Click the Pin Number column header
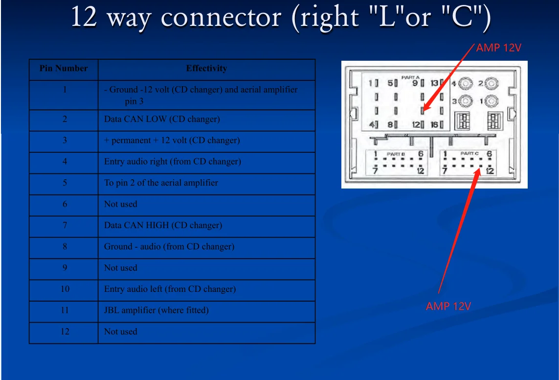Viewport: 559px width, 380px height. click(x=64, y=69)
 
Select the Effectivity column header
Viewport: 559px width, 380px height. click(x=206, y=69)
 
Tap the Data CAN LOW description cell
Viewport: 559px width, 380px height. click(x=162, y=119)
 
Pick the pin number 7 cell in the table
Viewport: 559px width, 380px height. click(x=65, y=225)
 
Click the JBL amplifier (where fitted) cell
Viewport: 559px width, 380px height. click(x=156, y=310)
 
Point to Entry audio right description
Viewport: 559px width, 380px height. click(x=172, y=162)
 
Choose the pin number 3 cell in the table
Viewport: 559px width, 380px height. click(x=65, y=140)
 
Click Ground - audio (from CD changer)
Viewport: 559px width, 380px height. click(x=169, y=246)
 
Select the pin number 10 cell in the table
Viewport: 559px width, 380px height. click(x=65, y=289)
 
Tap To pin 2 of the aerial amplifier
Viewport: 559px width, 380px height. click(x=161, y=183)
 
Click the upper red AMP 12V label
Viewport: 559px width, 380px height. click(x=498, y=48)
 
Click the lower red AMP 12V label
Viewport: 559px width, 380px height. click(x=448, y=307)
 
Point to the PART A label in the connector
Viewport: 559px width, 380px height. click(x=410, y=77)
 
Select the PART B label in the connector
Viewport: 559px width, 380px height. click(x=396, y=154)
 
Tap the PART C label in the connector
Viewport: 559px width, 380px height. click(x=469, y=153)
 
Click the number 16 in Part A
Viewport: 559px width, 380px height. click(x=434, y=125)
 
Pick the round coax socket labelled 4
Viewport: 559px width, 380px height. click(x=465, y=84)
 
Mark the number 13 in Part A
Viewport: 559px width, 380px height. click(x=434, y=83)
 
